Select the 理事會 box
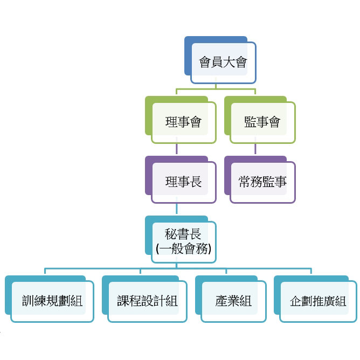tap(183, 122)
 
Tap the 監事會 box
tap(262, 122)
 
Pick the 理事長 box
tap(183, 182)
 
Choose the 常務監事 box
tap(262, 182)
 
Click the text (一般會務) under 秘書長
tap(183, 249)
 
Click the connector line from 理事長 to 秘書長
tap(177, 210)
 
